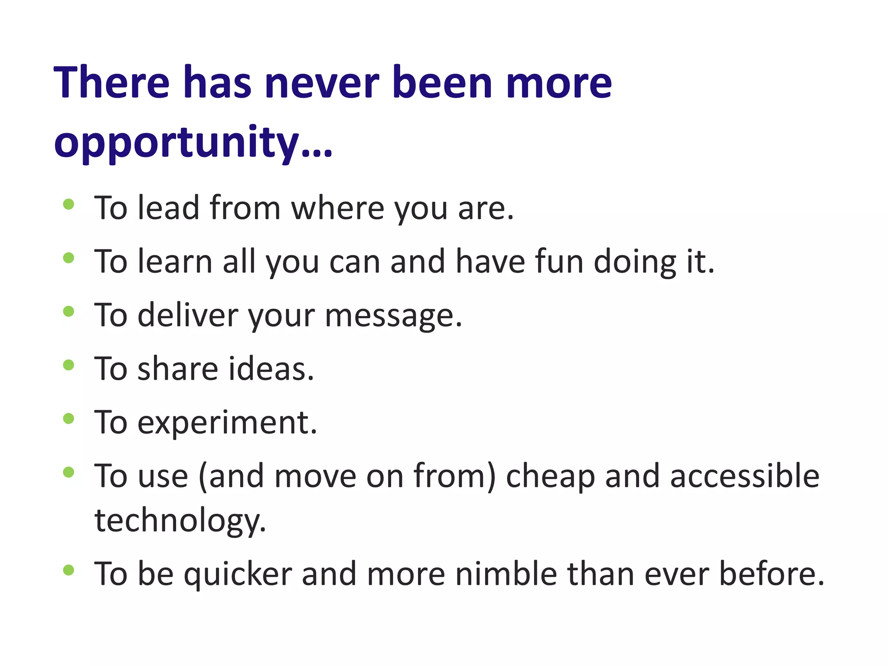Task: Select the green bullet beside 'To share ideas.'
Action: point(69,365)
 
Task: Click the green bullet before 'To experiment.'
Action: point(69,418)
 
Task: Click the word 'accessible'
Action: point(744,476)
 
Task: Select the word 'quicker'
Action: point(238,574)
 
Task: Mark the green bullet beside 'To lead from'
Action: point(69,204)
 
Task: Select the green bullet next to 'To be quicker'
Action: point(69,570)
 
